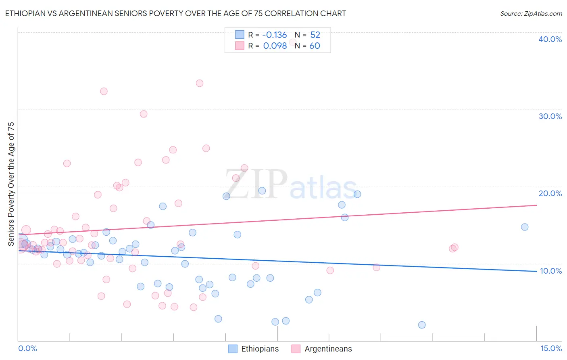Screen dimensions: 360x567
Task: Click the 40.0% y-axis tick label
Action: pos(550,39)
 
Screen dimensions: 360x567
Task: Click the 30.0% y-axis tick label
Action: pos(550,116)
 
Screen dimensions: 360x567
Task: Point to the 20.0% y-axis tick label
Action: pos(550,193)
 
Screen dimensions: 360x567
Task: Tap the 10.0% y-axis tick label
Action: pos(550,271)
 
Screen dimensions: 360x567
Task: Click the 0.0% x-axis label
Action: pos(27,348)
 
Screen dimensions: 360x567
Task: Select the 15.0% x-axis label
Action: pos(551,348)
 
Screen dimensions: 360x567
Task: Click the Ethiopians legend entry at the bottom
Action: pos(254,349)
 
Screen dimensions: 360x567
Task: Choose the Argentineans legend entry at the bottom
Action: pos(322,349)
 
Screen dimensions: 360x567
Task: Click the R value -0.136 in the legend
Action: pos(274,35)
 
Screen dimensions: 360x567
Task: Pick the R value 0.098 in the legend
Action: pos(275,46)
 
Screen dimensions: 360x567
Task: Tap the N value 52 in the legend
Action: pos(315,35)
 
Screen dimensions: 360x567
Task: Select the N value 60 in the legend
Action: pos(315,46)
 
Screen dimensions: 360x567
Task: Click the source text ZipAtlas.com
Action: pos(531,13)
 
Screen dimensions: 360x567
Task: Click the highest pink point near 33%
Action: pos(199,83)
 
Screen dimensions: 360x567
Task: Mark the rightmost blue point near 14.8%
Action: pos(525,227)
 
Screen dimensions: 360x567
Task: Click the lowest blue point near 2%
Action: pos(422,325)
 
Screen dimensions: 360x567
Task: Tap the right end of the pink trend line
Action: pos(536,205)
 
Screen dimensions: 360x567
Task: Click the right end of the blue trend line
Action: pos(536,271)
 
